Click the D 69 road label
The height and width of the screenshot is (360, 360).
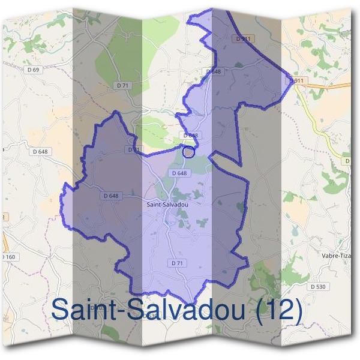point(33,70)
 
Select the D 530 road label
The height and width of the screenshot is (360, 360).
point(318,287)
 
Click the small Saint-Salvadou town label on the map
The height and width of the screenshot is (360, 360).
point(167,204)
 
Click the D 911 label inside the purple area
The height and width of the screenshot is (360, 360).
point(242,38)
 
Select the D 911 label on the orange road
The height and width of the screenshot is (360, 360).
point(297,80)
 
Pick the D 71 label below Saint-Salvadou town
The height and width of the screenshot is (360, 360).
point(176,263)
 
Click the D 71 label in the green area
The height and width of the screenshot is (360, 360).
point(122,86)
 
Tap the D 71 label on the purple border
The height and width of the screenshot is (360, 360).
point(133,149)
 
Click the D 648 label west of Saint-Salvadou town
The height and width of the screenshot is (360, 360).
point(110,196)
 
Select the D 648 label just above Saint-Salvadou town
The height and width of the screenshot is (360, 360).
point(179,173)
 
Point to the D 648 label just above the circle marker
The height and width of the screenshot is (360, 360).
point(191,136)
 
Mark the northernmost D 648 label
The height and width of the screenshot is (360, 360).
point(214,71)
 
